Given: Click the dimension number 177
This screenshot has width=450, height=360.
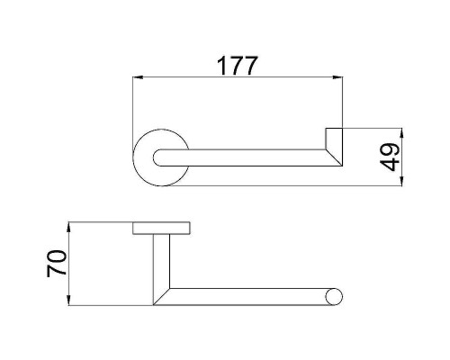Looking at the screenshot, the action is click(x=237, y=66).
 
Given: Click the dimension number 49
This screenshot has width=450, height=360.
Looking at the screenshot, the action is click(x=390, y=157).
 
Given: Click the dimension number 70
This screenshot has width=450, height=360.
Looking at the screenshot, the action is click(x=57, y=264).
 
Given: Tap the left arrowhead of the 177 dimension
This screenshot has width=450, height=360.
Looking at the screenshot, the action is click(x=138, y=77).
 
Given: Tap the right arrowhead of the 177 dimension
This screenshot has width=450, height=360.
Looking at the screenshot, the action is click(x=337, y=77).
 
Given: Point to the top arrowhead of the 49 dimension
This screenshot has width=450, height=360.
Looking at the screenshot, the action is click(x=401, y=133).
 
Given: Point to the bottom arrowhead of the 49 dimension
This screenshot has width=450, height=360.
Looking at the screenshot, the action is click(x=401, y=181).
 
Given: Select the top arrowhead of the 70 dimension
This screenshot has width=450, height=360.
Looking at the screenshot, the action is click(x=69, y=227).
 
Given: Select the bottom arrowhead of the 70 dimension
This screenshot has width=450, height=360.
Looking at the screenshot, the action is click(x=69, y=301).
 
